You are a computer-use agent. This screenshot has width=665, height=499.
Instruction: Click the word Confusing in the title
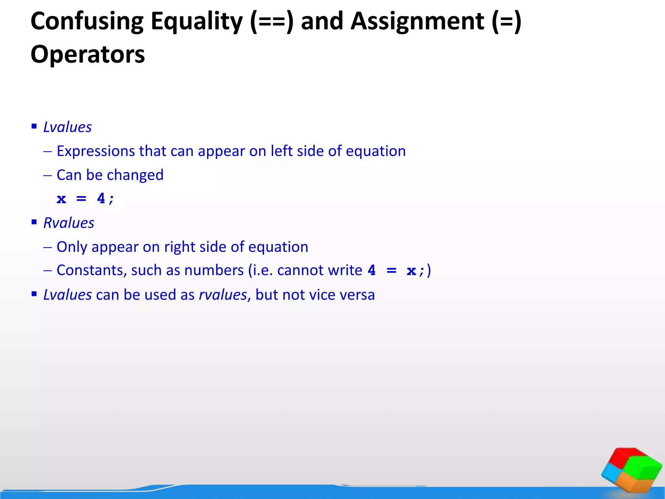[x=87, y=21]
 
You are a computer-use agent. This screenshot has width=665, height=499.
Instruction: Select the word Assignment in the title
[x=418, y=21]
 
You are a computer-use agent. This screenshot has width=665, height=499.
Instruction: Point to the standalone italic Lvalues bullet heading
[x=68, y=127]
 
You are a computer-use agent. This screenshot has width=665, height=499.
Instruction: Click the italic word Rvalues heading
[x=69, y=223]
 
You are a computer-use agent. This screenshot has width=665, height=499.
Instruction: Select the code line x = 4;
[x=85, y=198]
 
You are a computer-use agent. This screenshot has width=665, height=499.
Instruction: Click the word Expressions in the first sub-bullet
[x=96, y=151]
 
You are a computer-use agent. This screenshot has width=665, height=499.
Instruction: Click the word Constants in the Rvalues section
[x=92, y=270]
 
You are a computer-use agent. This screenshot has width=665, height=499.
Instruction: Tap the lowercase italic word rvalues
[x=223, y=295]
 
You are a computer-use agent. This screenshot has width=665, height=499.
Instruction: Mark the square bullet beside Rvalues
[x=34, y=222]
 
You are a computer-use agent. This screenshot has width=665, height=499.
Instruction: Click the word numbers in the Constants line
[x=214, y=270]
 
